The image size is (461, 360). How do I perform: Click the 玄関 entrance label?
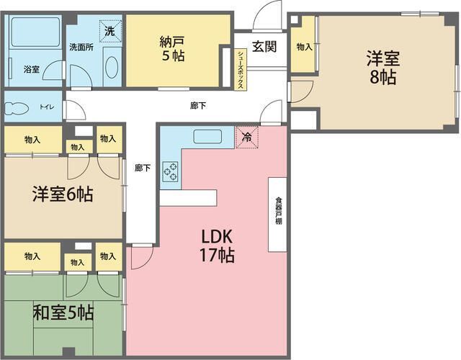(264, 46)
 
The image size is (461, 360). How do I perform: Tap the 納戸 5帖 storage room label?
(172, 48)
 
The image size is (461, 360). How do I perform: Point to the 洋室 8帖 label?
(382, 68)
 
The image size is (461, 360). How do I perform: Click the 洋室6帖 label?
(63, 194)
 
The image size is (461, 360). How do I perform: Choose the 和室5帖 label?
(63, 312)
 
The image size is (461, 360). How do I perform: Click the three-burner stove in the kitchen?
(171, 171)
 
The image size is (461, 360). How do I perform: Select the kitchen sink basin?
(207, 137)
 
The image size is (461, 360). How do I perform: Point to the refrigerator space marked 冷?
(247, 137)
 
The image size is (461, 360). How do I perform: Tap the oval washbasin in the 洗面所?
(112, 67)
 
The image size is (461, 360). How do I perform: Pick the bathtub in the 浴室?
(35, 32)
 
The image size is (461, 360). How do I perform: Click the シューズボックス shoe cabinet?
(241, 69)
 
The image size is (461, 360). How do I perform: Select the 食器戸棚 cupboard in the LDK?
(277, 215)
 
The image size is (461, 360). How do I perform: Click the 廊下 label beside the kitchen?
(143, 168)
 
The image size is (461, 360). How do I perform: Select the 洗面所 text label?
(81, 48)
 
